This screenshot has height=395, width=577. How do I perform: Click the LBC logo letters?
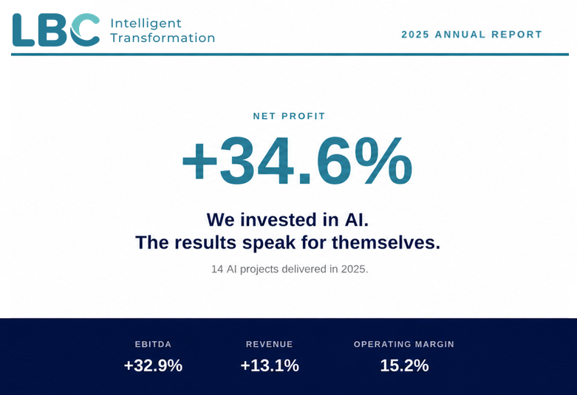click(56, 30)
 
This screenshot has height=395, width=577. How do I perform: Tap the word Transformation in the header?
click(163, 38)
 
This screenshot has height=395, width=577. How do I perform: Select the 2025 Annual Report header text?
click(472, 35)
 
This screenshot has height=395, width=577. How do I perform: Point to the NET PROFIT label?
click(289, 116)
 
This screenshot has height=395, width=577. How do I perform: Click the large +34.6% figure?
click(297, 161)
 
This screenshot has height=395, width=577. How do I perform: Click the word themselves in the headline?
click(386, 243)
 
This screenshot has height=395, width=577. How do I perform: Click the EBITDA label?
click(153, 344)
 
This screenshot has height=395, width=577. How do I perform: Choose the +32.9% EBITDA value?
click(153, 365)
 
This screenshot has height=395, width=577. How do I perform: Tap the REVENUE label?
click(270, 344)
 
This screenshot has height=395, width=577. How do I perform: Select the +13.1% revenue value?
click(270, 365)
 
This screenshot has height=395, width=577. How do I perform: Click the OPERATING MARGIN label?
click(404, 344)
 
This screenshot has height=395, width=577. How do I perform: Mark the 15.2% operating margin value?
click(404, 365)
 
